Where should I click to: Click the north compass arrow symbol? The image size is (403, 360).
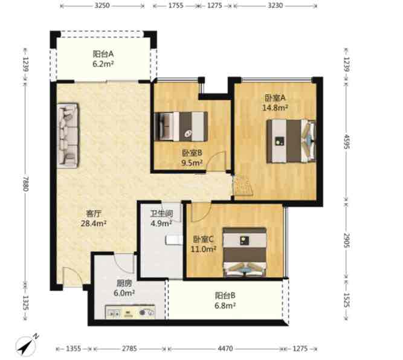(26, 346)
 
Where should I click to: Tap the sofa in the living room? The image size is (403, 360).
(68, 136)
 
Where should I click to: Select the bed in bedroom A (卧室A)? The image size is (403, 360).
(291, 141)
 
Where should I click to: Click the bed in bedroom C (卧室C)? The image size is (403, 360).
(245, 252)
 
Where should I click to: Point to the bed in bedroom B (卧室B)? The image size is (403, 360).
(181, 126)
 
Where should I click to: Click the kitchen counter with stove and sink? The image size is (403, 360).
(131, 312)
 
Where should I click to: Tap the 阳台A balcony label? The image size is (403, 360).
(103, 54)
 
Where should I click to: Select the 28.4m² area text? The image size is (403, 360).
(94, 223)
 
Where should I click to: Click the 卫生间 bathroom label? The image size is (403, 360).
(162, 213)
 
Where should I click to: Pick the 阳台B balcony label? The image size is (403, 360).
(225, 295)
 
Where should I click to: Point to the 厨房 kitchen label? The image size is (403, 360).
(124, 283)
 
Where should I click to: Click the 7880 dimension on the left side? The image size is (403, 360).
(26, 184)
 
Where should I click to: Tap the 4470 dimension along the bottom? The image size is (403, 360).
(225, 349)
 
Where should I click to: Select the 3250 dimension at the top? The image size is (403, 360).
(102, 5)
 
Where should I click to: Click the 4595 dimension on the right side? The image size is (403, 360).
(347, 141)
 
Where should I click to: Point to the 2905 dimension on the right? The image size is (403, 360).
(347, 240)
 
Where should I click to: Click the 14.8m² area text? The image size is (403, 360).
(275, 108)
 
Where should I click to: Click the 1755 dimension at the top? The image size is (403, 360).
(176, 5)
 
